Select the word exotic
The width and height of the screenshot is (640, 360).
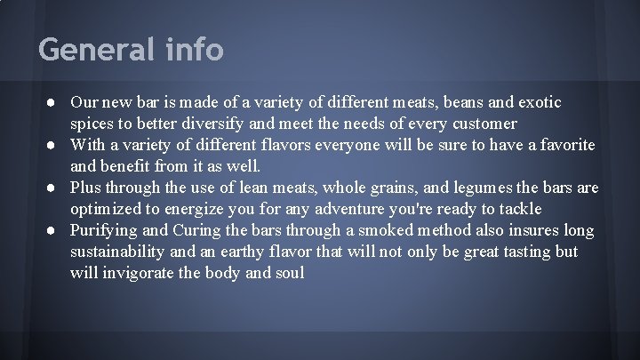click(x=537, y=102)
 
